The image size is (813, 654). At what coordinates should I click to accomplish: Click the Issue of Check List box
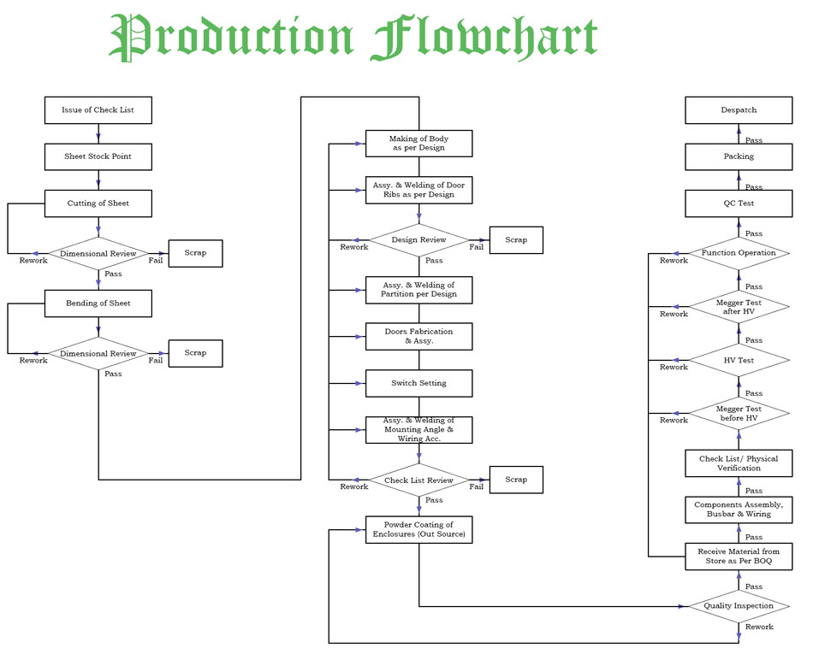pos(98,110)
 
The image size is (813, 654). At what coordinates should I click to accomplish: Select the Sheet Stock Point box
pos(98,157)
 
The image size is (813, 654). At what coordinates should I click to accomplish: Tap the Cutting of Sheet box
pos(98,203)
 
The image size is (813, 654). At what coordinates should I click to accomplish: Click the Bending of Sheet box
pos(98,303)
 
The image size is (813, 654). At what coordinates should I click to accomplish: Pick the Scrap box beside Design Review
pos(516,240)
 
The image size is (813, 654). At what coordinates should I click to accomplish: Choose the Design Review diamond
pos(418,240)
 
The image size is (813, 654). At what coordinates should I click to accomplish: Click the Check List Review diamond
pos(418,480)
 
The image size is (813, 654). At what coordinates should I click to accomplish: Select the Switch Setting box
pos(418,383)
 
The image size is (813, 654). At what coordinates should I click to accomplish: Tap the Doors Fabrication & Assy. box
pos(418,336)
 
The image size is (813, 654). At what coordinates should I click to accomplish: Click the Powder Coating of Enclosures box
pos(418,529)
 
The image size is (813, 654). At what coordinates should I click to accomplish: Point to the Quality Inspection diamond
pos(739,606)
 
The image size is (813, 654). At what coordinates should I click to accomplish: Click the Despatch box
pos(739,110)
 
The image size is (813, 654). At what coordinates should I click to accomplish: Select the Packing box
pos(739,157)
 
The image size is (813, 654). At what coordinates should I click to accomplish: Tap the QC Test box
pos(739,203)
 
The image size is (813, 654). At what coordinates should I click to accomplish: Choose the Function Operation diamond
pos(739,253)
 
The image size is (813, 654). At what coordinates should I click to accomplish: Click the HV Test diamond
pos(739,361)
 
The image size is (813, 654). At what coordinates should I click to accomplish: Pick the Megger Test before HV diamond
pos(739,414)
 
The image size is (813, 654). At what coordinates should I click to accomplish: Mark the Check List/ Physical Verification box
pos(739,463)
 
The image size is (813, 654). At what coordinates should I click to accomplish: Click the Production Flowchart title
pos(353,38)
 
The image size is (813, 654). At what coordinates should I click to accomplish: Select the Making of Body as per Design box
pos(418,144)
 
